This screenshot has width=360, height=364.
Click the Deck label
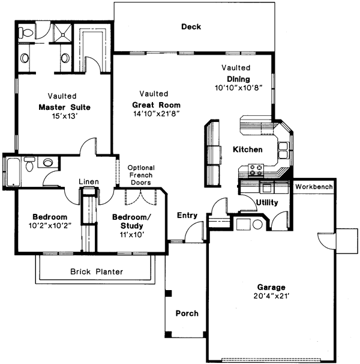point(191,27)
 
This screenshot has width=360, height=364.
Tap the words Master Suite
point(64,108)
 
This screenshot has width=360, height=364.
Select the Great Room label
point(156,105)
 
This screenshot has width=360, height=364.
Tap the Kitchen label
point(248,149)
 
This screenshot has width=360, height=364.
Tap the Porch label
point(187,314)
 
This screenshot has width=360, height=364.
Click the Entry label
point(187,215)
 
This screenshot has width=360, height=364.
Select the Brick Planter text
point(97,271)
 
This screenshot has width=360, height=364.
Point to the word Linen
point(89,182)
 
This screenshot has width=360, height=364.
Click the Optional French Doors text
point(140,175)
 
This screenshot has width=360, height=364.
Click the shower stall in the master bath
point(61,33)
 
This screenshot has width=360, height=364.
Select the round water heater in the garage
point(258,225)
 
